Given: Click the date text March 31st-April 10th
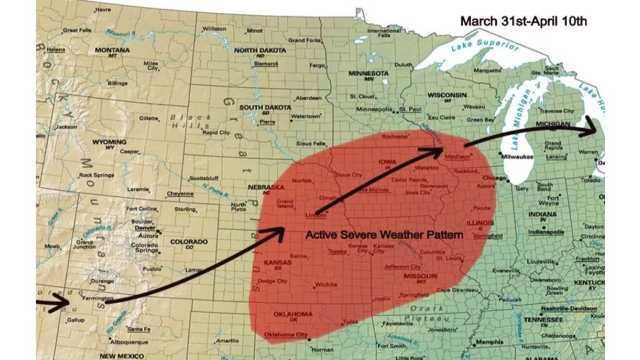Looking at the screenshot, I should (x=523, y=21).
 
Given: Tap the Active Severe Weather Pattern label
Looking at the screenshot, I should (x=384, y=236).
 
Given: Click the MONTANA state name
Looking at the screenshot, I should (x=112, y=50).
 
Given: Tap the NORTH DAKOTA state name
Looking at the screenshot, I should (x=255, y=50).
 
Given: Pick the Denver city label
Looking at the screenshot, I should (x=144, y=228).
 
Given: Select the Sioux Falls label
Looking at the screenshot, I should (x=311, y=143).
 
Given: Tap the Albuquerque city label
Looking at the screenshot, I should (x=128, y=342).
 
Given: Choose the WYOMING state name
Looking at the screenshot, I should (x=109, y=142).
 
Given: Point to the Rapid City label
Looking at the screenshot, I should (x=216, y=132).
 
